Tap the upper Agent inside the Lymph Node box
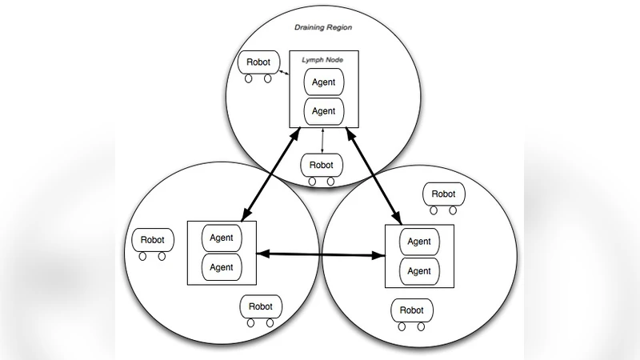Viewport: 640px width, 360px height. point(324,82)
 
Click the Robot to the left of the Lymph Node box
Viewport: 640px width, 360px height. point(257,62)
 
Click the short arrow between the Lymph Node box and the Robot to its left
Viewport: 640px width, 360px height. point(282,74)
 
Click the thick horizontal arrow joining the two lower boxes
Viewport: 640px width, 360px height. point(320,255)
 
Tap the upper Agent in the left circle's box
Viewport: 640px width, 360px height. point(222,238)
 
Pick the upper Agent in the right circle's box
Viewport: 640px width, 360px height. point(419,242)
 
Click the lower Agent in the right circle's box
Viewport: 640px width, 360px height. point(419,270)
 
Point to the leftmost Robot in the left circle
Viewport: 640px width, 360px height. point(152,239)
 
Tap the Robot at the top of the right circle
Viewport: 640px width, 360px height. point(443,194)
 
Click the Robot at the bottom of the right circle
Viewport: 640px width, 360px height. point(411,310)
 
